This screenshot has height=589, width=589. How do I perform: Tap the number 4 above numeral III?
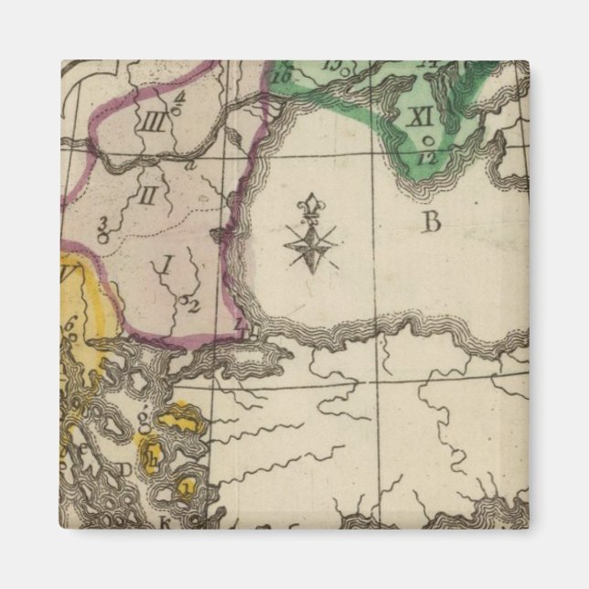point(179,94)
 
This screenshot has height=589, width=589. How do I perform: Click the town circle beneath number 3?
point(103,236)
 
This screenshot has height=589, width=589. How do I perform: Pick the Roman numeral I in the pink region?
point(166,266)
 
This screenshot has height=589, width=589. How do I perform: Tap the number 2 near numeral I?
point(194,305)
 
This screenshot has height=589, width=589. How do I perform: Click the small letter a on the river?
point(189,166)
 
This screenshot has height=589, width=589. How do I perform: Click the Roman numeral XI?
point(420,117)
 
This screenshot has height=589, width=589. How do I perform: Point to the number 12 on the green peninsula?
point(425,157)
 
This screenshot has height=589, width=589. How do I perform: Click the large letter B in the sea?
point(431,220)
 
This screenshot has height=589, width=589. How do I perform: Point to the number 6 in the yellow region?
point(70,323)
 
